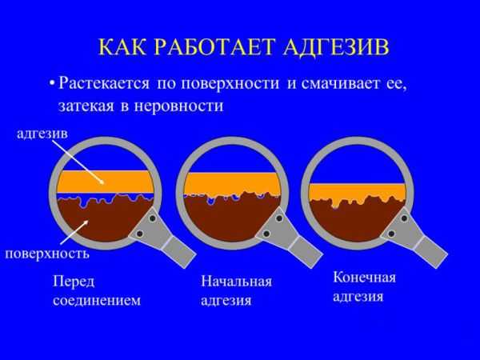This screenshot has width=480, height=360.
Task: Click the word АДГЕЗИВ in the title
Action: [x=336, y=47]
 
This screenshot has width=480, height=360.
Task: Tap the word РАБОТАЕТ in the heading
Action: [x=213, y=46]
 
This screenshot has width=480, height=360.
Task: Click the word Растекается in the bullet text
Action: [x=104, y=83]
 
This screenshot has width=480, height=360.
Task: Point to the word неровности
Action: [x=178, y=106]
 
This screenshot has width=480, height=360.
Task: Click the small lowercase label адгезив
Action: [x=42, y=135]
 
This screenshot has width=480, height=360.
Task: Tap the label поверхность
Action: [x=47, y=254]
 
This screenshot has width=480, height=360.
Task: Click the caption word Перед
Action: [x=74, y=282]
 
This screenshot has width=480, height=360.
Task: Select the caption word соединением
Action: [x=97, y=301]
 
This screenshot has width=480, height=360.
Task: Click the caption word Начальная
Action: [x=236, y=281]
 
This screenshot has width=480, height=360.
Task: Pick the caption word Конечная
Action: [x=364, y=278]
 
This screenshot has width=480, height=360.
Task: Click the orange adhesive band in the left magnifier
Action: [x=106, y=182]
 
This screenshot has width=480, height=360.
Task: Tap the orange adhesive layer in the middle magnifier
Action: [x=233, y=184]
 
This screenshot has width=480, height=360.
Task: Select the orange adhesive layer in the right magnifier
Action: [x=358, y=192]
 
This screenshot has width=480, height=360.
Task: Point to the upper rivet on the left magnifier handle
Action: [x=153, y=218]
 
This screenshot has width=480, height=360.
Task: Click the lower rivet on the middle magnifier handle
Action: [x=266, y=234]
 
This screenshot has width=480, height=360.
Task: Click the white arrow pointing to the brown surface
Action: [x=76, y=233]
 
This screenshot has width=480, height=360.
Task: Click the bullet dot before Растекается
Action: [x=53, y=83]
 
